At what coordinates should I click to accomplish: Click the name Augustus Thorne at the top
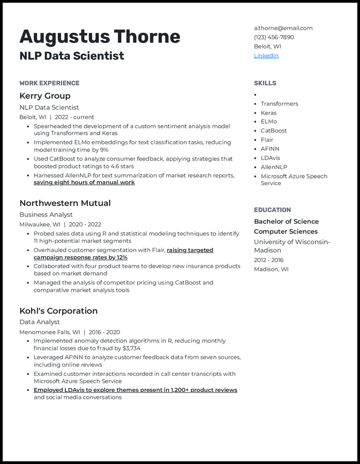99,36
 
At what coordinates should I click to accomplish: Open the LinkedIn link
266,56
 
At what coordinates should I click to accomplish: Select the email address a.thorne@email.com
283,28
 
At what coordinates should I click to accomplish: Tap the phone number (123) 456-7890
274,37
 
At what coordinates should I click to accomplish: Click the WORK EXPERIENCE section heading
49,83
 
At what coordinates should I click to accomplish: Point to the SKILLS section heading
265,83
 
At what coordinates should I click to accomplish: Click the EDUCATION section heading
272,210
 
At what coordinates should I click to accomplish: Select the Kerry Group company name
45,96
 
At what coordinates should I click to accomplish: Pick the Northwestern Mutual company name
65,203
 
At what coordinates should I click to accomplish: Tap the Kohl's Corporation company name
58,311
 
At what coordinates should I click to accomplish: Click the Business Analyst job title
46,215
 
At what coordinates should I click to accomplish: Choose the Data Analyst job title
40,322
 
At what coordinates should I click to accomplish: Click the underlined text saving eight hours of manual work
84,183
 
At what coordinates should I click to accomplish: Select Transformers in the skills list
279,104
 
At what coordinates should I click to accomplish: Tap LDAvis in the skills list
270,158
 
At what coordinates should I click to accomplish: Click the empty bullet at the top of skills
255,95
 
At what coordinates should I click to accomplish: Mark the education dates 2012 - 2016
269,260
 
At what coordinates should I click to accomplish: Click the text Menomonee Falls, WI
49,332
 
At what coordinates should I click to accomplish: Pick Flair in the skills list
267,140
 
